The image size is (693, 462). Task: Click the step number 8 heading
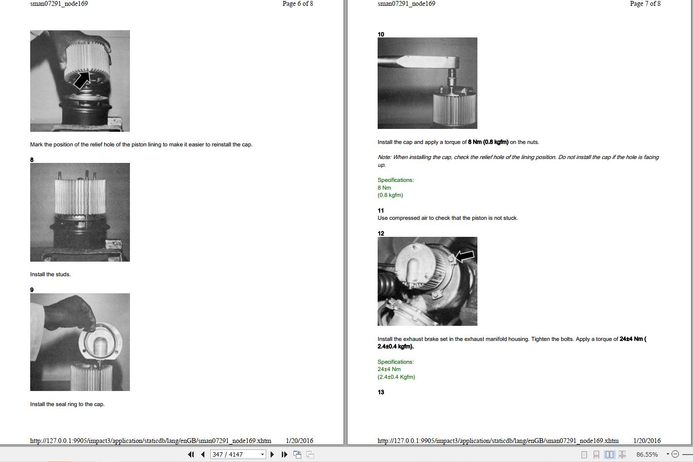pyautogui.click(x=32, y=160)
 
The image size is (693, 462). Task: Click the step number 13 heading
pyautogui.click(x=381, y=392)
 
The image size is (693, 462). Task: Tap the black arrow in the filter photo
pyautogui.click(x=82, y=80)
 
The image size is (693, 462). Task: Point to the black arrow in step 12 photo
pyautogui.click(x=464, y=256)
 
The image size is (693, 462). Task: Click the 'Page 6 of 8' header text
pyautogui.click(x=298, y=4)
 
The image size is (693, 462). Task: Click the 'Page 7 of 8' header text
pyautogui.click(x=645, y=4)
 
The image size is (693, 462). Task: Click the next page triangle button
pyautogui.click(x=272, y=454)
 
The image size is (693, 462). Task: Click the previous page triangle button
pyautogui.click(x=203, y=454)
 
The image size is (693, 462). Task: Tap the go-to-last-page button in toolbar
pyautogui.click(x=284, y=454)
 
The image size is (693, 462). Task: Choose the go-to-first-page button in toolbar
pyautogui.click(x=191, y=454)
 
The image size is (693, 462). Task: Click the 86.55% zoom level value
pyautogui.click(x=647, y=454)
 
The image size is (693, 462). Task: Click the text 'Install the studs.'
pyautogui.click(x=50, y=274)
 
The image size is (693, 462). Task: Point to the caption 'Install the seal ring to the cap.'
pyautogui.click(x=67, y=404)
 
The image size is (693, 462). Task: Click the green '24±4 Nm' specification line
pyautogui.click(x=389, y=369)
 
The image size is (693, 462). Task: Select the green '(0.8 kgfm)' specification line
pyautogui.click(x=390, y=195)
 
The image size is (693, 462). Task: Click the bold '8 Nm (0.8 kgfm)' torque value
pyautogui.click(x=488, y=142)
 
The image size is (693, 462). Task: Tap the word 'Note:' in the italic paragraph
pyautogui.click(x=384, y=157)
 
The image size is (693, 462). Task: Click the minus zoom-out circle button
pyautogui.click(x=675, y=454)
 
